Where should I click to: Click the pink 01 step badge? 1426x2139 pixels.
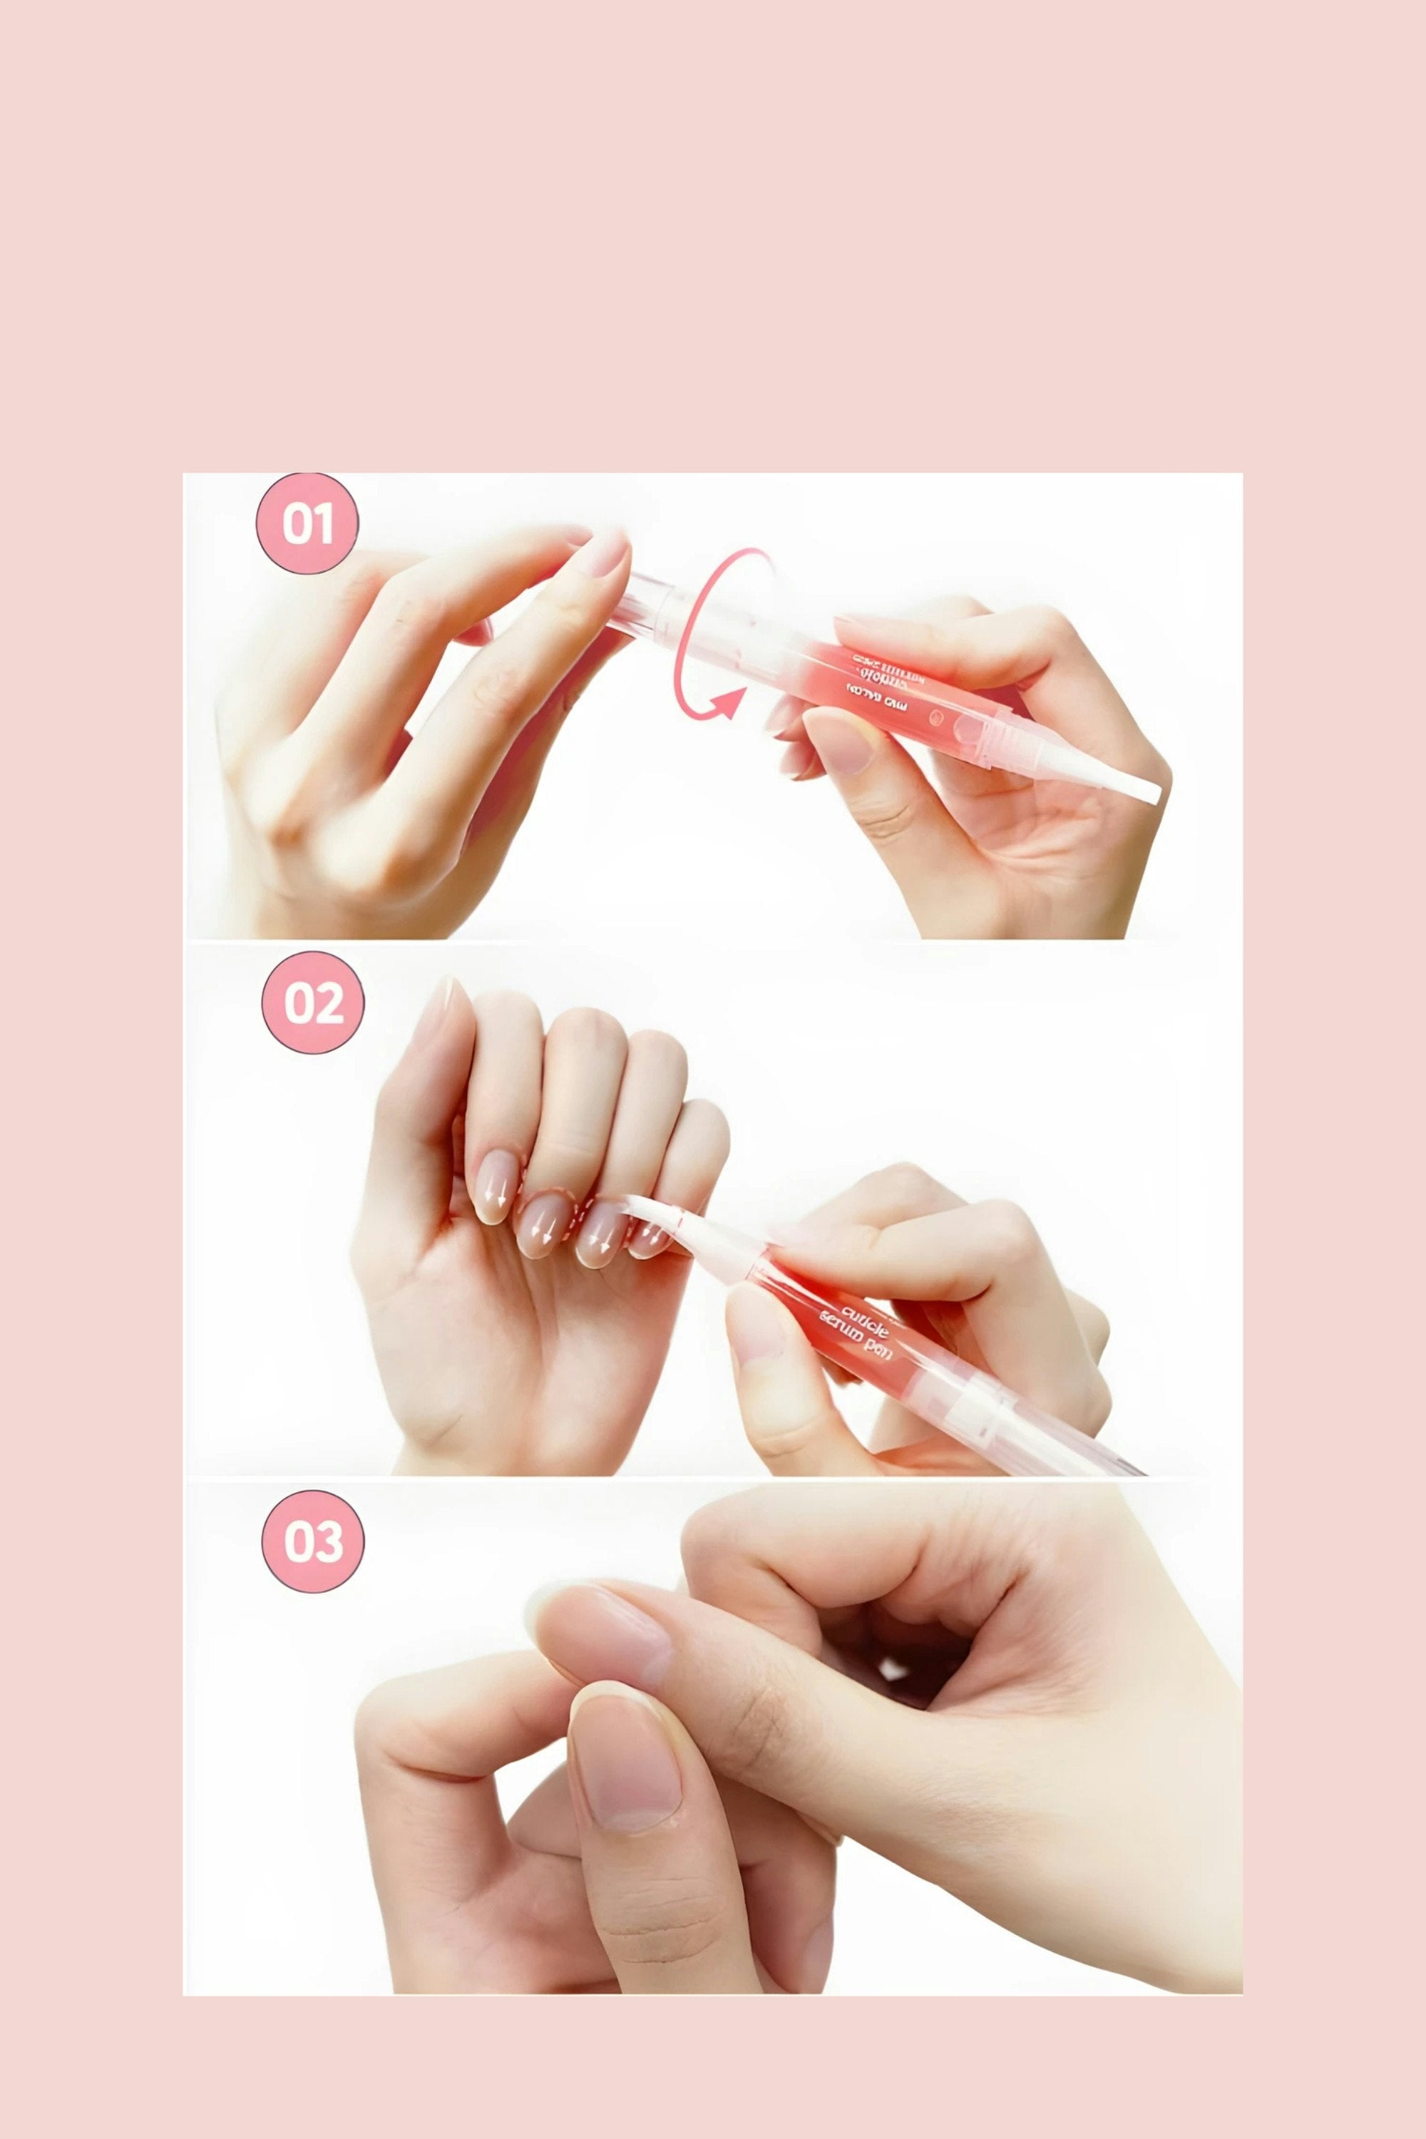click(307, 524)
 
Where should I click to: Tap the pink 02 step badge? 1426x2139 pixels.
click(313, 1002)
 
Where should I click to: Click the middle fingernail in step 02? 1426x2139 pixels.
click(545, 1224)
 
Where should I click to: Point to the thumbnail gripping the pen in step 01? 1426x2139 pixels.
click(838, 739)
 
